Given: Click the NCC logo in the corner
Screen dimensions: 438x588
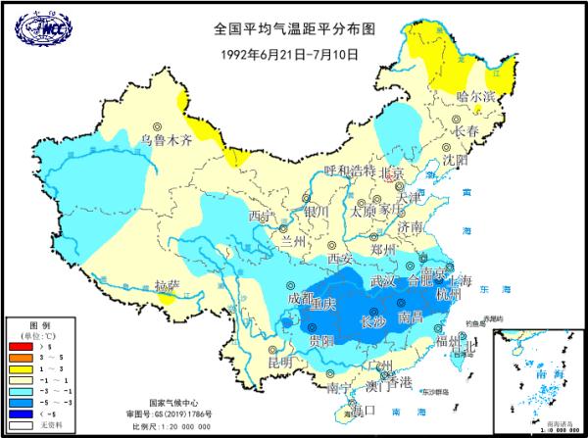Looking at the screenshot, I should pos(36,28).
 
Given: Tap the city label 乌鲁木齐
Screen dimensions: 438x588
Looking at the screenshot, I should pos(165,140).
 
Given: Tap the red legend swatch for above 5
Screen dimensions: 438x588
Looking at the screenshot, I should pos(21,346).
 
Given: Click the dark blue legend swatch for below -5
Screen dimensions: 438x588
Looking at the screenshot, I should pos(21,414).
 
